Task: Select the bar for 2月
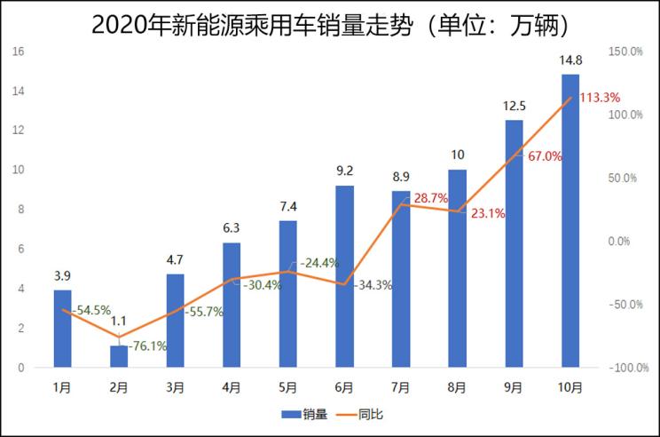click(x=119, y=356)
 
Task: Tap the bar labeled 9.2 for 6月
click(x=344, y=276)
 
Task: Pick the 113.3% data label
click(x=599, y=98)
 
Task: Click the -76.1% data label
click(x=148, y=346)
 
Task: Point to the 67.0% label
click(x=544, y=156)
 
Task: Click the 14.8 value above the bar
click(x=570, y=60)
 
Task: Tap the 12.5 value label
click(x=514, y=106)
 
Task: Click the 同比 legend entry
click(x=360, y=414)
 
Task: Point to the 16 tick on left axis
click(x=18, y=52)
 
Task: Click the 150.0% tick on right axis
click(x=625, y=52)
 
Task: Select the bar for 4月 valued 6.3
click(x=232, y=305)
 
